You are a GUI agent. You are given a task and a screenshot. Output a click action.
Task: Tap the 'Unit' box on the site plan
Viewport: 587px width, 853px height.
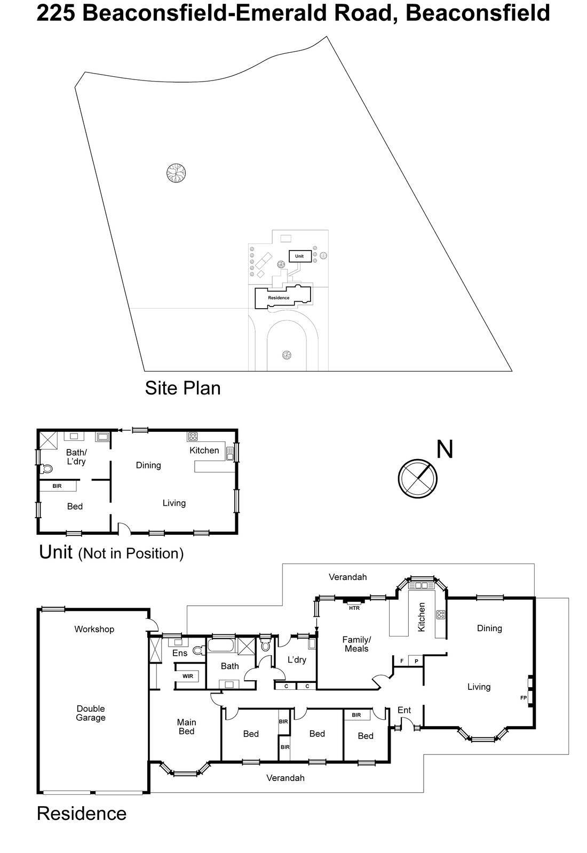(x=300, y=256)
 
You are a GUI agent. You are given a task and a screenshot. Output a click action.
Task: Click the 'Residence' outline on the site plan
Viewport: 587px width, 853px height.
(x=279, y=297)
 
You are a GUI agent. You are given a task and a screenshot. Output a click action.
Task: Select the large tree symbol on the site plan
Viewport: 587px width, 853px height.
(x=176, y=173)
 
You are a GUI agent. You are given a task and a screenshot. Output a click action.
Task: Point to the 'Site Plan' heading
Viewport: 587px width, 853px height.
(x=183, y=388)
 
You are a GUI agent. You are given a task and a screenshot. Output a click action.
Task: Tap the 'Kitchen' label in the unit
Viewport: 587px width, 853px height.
(x=204, y=450)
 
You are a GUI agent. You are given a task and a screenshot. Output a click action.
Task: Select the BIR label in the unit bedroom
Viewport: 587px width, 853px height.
(x=57, y=486)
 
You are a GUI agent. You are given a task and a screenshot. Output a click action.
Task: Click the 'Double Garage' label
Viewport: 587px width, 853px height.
(x=91, y=713)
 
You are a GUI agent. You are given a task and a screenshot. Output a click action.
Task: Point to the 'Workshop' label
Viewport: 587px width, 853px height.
(x=94, y=629)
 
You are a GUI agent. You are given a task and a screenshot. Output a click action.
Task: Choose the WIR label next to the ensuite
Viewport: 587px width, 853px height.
(x=187, y=676)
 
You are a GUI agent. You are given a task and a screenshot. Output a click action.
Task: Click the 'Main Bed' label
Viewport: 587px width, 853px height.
(x=186, y=727)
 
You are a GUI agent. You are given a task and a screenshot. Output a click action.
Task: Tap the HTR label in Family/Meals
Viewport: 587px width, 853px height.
(x=354, y=608)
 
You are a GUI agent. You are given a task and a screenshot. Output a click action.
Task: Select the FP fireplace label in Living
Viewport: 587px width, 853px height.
(x=523, y=697)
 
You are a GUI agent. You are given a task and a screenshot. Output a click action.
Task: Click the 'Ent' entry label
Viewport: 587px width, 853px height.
(x=404, y=710)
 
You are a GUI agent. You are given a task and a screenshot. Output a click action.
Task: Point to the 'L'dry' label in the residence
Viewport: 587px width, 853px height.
(x=297, y=660)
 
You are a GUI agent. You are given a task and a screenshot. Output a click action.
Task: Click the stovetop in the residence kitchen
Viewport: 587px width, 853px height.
(x=441, y=615)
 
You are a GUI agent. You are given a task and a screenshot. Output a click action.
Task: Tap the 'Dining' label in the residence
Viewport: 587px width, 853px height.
(x=489, y=629)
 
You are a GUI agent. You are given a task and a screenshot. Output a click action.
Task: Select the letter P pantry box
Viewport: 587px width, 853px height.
(x=416, y=661)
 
